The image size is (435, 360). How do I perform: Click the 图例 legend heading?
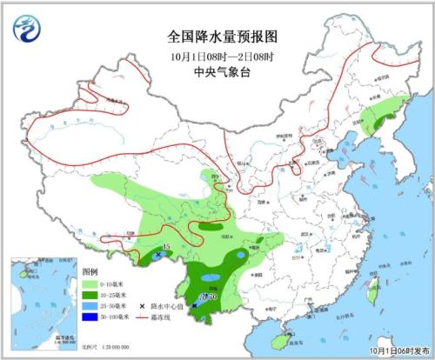click(90, 272)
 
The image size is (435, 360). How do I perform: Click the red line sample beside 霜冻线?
click(144, 317)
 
